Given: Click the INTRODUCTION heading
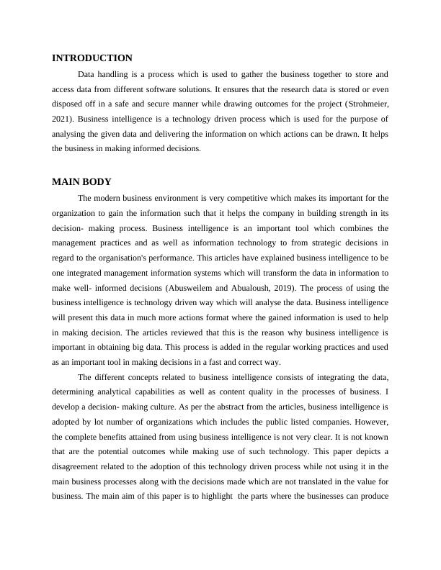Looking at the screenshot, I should click(x=92, y=58).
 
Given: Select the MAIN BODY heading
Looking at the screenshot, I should click(x=81, y=181).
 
